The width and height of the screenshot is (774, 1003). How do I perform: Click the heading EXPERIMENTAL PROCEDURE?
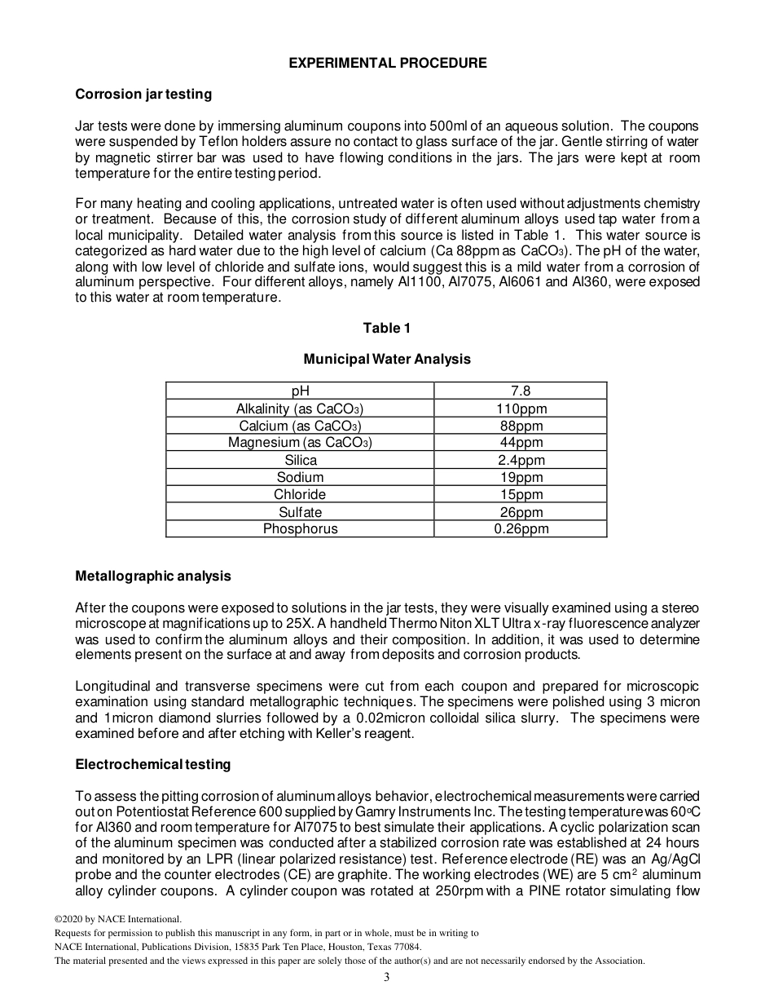tap(388, 63)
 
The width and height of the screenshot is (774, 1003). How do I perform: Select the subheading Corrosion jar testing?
tap(143, 94)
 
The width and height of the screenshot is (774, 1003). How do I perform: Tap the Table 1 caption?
tap(387, 328)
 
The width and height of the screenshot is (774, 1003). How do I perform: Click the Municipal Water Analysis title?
tap(387, 359)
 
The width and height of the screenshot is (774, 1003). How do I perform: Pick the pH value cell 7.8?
tap(521, 391)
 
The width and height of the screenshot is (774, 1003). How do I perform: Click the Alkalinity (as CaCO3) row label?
tap(300, 409)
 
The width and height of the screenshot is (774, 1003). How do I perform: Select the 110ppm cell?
tap(521, 409)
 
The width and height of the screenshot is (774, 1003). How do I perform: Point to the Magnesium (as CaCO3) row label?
tap(300, 443)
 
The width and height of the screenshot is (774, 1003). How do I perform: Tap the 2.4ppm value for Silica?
tap(521, 460)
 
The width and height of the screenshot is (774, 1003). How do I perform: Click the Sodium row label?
tap(300, 477)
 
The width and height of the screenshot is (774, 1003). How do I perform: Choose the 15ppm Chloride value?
tap(521, 494)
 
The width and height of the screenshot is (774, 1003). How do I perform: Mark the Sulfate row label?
tap(300, 512)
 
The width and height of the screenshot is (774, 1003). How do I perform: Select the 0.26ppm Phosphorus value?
tap(521, 528)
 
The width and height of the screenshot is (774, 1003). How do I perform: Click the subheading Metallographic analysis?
tap(153, 576)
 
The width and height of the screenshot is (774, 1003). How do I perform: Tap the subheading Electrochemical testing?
tap(153, 764)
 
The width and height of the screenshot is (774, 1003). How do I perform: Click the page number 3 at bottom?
tap(387, 978)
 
